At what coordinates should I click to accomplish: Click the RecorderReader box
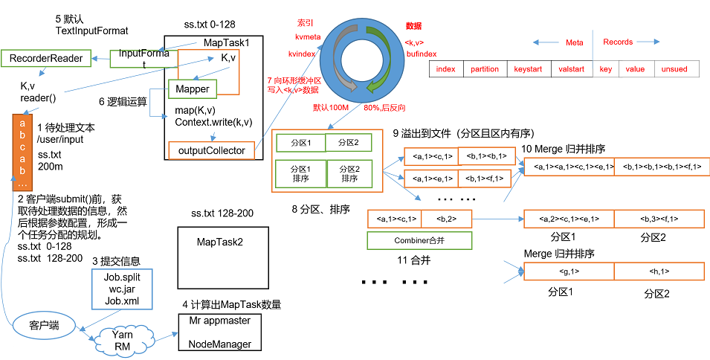(45, 58)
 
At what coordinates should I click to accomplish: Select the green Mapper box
(193, 89)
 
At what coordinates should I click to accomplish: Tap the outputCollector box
(211, 150)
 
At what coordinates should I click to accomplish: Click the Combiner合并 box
(420, 240)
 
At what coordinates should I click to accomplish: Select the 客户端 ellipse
(44, 325)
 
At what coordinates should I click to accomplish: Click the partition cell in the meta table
(485, 69)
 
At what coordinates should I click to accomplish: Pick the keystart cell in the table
(528, 69)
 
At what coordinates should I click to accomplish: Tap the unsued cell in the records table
(676, 69)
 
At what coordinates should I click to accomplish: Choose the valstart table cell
(571, 69)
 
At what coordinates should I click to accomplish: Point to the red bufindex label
(421, 54)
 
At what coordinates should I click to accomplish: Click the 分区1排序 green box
(300, 173)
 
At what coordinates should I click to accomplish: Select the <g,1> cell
(569, 272)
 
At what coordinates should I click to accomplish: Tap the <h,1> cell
(659, 272)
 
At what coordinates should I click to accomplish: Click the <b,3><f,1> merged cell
(659, 219)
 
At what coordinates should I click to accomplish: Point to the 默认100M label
(329, 108)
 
